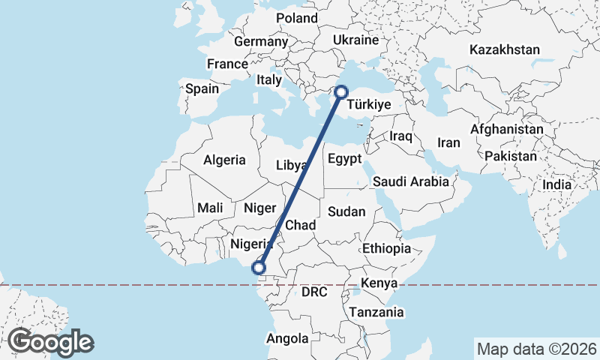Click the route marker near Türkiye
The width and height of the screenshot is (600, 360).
point(341,92)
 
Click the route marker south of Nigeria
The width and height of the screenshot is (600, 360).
point(259,267)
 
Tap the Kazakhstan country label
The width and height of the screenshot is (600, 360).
point(505,50)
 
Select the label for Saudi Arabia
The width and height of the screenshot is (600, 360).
point(410,181)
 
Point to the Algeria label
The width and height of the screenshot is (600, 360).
point(224,160)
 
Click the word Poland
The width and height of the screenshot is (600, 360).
point(297,18)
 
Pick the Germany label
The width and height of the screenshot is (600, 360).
point(256,42)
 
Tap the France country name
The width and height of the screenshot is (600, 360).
point(227,64)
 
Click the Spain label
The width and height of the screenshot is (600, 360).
point(202,88)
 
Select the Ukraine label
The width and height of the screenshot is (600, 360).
point(354,39)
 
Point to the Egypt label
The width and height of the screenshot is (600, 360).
point(345,159)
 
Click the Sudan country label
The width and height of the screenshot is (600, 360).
point(347,212)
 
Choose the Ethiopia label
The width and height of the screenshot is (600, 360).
point(386,248)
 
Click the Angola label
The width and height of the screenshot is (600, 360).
point(287,339)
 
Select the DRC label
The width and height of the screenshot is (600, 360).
point(313,292)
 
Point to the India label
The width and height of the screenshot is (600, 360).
point(557,184)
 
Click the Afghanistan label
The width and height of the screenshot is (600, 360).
point(506,129)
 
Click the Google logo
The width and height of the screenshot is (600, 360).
point(50,342)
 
